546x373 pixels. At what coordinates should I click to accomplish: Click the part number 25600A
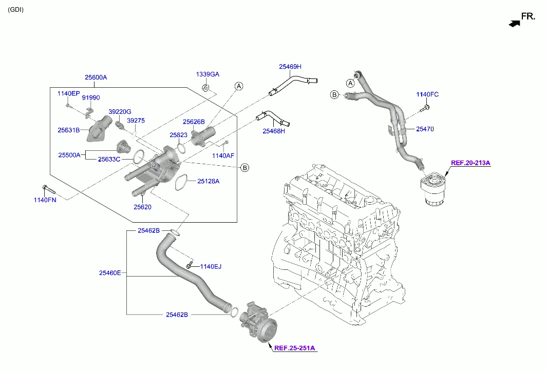click(96, 77)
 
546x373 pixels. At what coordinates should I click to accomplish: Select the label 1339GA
click(208, 74)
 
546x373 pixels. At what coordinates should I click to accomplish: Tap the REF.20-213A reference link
click(470, 163)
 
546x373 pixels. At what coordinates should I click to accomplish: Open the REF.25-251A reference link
click(294, 348)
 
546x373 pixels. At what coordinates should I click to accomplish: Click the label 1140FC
click(427, 94)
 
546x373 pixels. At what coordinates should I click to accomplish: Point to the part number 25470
click(425, 129)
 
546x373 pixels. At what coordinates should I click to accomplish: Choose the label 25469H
click(290, 67)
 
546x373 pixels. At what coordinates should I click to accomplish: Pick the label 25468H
click(274, 131)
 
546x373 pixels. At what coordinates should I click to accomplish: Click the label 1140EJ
click(211, 266)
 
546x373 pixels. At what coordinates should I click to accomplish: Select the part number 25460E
click(110, 273)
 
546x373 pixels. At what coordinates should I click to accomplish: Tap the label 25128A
click(209, 181)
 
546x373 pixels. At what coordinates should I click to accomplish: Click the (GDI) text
click(15, 10)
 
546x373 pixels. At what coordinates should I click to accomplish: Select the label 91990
click(91, 97)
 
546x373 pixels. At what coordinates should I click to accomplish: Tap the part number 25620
click(143, 207)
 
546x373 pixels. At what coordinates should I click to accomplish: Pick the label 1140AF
click(223, 155)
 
